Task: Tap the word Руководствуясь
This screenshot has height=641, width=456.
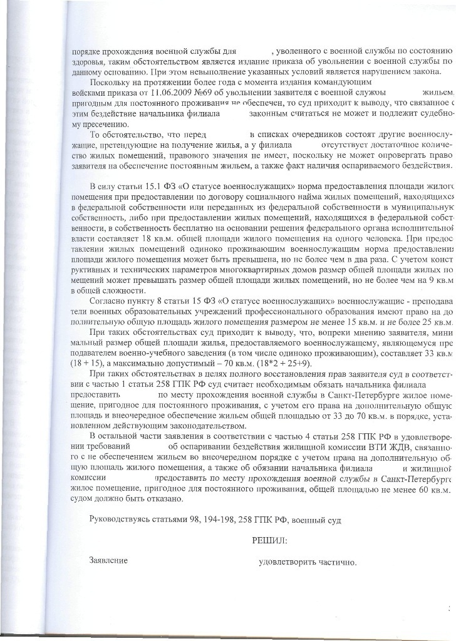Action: pyautogui.click(x=120, y=518)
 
